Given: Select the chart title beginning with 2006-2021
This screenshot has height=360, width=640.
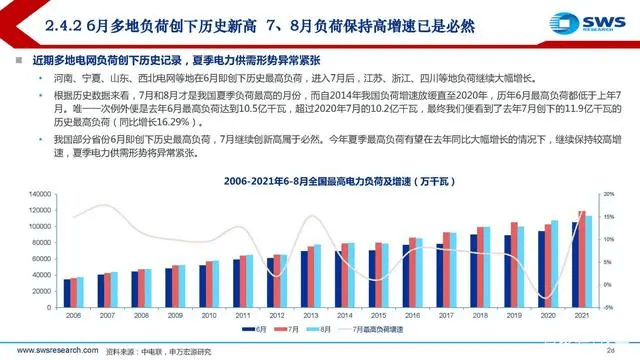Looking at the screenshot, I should coord(318,180).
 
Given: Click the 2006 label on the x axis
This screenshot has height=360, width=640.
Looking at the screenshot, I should coord(74,314).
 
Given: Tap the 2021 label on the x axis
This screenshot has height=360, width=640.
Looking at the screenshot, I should coord(581,314).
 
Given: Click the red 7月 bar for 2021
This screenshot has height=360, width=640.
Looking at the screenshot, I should coord(582,258).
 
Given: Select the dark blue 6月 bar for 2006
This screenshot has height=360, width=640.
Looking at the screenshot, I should coord(67,291).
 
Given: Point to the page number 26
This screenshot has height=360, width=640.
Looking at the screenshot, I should coord(609,351).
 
